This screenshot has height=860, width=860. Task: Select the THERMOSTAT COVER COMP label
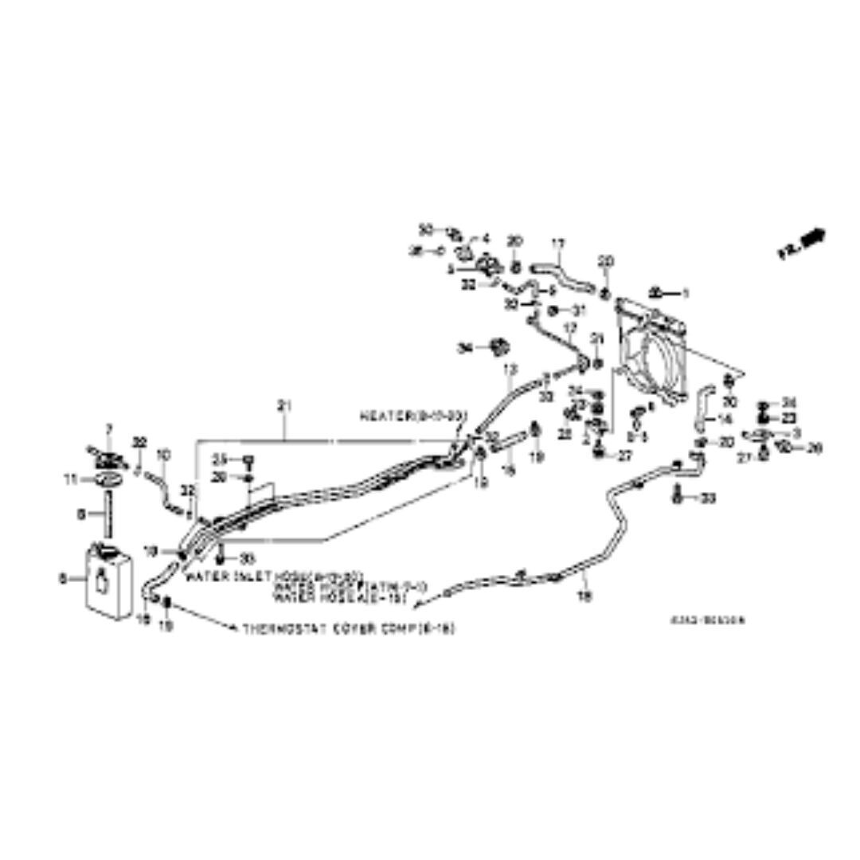[x=349, y=628]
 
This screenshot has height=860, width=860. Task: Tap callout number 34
[x=465, y=348]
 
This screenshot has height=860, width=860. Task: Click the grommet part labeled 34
[x=500, y=347]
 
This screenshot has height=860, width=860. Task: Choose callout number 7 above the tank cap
[x=110, y=430]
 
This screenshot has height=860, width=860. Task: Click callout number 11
[x=68, y=479]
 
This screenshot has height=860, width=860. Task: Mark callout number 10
[x=164, y=455]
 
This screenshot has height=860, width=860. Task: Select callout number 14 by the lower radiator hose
[x=725, y=419]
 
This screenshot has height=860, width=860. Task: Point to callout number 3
[x=796, y=432]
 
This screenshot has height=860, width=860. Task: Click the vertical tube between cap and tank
[x=104, y=516]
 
